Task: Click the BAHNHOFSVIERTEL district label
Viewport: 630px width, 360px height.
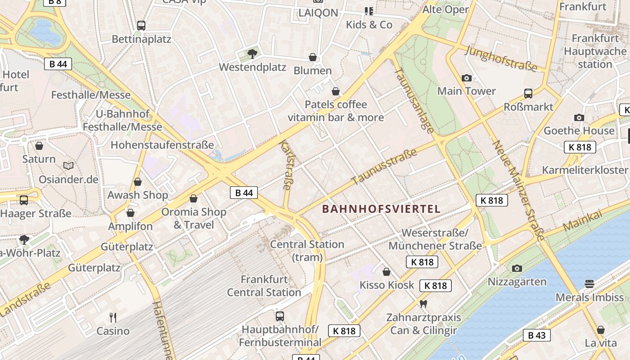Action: coord(381,209)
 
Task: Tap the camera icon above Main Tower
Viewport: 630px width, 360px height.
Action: coord(467,78)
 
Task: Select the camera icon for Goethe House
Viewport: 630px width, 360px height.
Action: coord(579,117)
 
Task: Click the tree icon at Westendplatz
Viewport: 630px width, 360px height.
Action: coord(252,54)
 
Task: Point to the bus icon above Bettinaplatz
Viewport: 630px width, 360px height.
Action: coord(141,26)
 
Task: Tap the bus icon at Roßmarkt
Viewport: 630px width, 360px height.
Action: coord(528,94)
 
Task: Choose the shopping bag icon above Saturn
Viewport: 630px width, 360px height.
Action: coord(39,146)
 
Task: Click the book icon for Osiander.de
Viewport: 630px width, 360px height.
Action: coord(68,166)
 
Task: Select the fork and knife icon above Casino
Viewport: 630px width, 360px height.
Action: coord(113,318)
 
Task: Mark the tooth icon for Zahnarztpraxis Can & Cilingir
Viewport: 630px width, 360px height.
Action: coord(423,304)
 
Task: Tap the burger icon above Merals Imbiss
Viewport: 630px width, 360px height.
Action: coord(589,283)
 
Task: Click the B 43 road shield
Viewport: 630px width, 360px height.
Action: coord(536,335)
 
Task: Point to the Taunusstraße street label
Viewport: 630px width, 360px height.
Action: coord(384,167)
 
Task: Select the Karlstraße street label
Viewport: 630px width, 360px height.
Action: coord(286,165)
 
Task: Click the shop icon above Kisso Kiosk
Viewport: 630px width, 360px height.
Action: coord(386,272)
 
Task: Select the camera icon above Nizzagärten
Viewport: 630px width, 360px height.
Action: coord(517,269)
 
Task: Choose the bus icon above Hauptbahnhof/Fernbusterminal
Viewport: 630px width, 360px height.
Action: coord(280,316)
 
